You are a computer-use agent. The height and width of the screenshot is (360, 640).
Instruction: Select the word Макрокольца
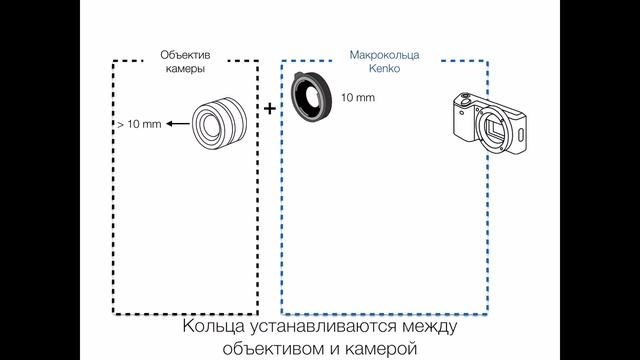click(x=384, y=57)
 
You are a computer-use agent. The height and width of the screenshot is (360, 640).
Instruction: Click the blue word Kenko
click(x=384, y=71)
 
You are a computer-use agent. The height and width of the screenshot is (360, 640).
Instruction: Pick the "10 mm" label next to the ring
click(x=358, y=98)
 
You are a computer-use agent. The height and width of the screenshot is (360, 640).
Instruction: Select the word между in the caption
click(x=430, y=326)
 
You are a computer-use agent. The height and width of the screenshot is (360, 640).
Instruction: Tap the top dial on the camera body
click(x=465, y=99)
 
